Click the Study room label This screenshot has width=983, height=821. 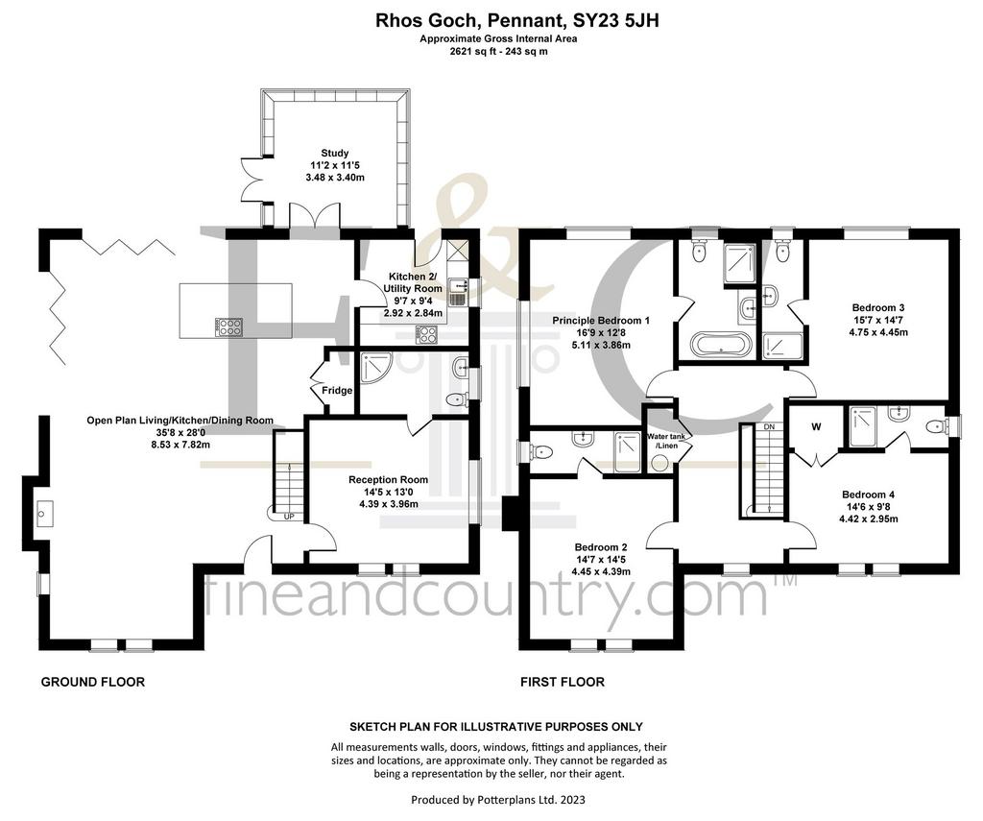pos(335,153)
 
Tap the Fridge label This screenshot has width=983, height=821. pos(337,391)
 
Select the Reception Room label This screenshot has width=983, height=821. pos(389,480)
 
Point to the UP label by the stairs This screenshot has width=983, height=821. pos(289,517)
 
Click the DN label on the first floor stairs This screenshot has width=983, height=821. pos(769,427)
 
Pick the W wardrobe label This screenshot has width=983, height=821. pos(816,427)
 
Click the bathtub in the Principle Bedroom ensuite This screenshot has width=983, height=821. pos(720,345)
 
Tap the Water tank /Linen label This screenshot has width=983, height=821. pos(662,441)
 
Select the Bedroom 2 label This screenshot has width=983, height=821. pos(601,547)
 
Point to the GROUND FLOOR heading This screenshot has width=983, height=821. pos(93,682)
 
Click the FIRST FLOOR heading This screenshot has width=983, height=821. pos(563,682)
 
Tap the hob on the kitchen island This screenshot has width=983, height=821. pos(229,326)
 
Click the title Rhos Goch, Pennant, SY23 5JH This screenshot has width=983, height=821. pos(517,21)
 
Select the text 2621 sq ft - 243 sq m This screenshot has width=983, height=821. pos(498,52)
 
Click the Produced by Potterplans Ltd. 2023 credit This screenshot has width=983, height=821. pos(498,800)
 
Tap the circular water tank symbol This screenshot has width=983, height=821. pos(659,464)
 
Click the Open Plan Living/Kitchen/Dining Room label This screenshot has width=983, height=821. pos(180,421)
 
